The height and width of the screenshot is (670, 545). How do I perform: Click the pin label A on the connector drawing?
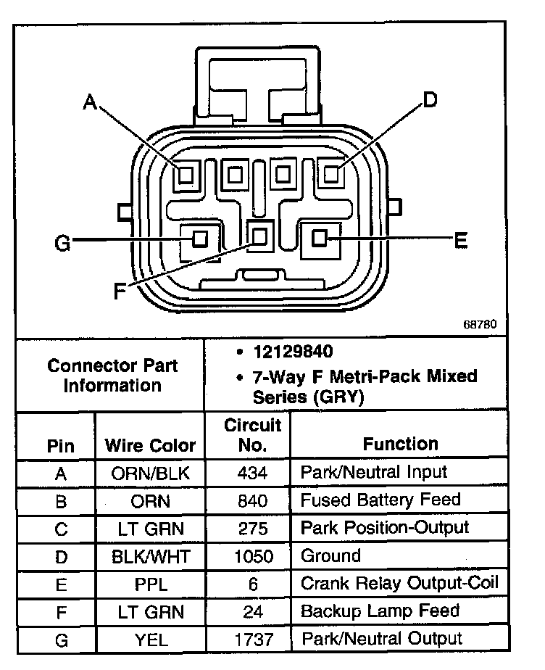tap(90, 102)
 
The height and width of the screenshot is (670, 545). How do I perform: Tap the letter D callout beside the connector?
tap(430, 100)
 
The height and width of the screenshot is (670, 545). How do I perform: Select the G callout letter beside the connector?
tap(63, 244)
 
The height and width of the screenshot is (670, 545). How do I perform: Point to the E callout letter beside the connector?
tap(460, 240)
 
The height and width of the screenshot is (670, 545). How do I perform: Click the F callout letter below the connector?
tap(120, 291)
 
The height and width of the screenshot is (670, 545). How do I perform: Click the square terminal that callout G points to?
tap(199, 238)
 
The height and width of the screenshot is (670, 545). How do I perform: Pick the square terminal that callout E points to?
tap(320, 238)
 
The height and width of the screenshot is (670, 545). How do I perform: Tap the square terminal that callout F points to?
tap(260, 235)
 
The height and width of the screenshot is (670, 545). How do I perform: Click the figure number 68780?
tap(480, 324)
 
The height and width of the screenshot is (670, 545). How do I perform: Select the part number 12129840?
tap(293, 352)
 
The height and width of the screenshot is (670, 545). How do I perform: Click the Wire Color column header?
tap(150, 444)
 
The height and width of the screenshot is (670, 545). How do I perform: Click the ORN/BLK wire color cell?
tap(150, 473)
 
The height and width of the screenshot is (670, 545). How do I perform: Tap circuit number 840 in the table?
tap(252, 501)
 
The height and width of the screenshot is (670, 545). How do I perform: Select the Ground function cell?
tap(330, 556)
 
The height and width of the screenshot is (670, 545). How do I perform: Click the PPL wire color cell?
tap(150, 584)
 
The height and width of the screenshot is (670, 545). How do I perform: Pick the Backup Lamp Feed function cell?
tap(380, 611)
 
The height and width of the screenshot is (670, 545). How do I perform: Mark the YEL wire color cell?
tap(150, 640)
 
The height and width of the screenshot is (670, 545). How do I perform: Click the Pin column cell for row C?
tap(61, 529)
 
